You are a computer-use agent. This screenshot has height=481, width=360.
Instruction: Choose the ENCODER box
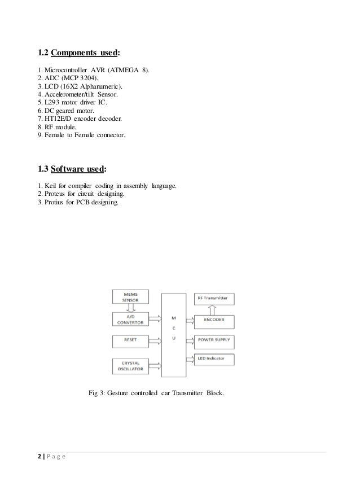214,320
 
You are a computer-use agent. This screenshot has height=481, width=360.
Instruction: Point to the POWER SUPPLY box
214,341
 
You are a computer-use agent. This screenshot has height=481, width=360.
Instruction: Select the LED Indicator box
214,358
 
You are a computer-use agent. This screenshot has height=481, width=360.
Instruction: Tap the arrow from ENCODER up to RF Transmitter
210,309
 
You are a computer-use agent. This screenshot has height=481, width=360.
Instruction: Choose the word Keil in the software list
48,186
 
